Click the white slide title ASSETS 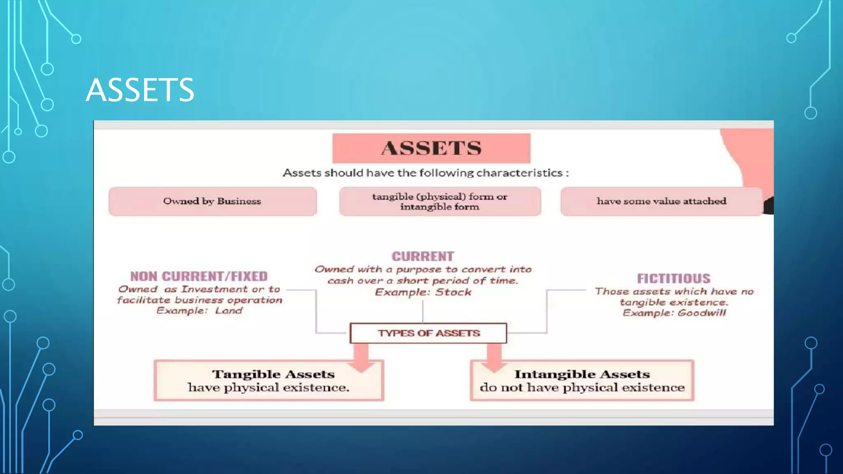pyautogui.click(x=140, y=90)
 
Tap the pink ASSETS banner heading pyautogui.click(x=431, y=148)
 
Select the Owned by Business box pyautogui.click(x=212, y=201)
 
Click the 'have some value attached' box pyautogui.click(x=661, y=201)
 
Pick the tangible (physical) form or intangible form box pyautogui.click(x=440, y=202)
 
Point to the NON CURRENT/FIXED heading pyautogui.click(x=199, y=276)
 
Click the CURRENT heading pyautogui.click(x=423, y=256)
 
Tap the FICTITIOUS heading pyautogui.click(x=673, y=279)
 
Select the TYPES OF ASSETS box pyautogui.click(x=428, y=333)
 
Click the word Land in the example pyautogui.click(x=229, y=311)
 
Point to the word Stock pyautogui.click(x=453, y=292)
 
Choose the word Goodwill pyautogui.click(x=702, y=313)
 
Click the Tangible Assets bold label pyautogui.click(x=273, y=374)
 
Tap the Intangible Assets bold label pyautogui.click(x=582, y=374)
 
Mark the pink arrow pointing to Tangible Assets pyautogui.click(x=361, y=356)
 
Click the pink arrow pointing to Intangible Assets pyautogui.click(x=494, y=356)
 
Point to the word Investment pyautogui.click(x=214, y=289)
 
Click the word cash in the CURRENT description pyautogui.click(x=340, y=281)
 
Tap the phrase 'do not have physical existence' pyautogui.click(x=582, y=388)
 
